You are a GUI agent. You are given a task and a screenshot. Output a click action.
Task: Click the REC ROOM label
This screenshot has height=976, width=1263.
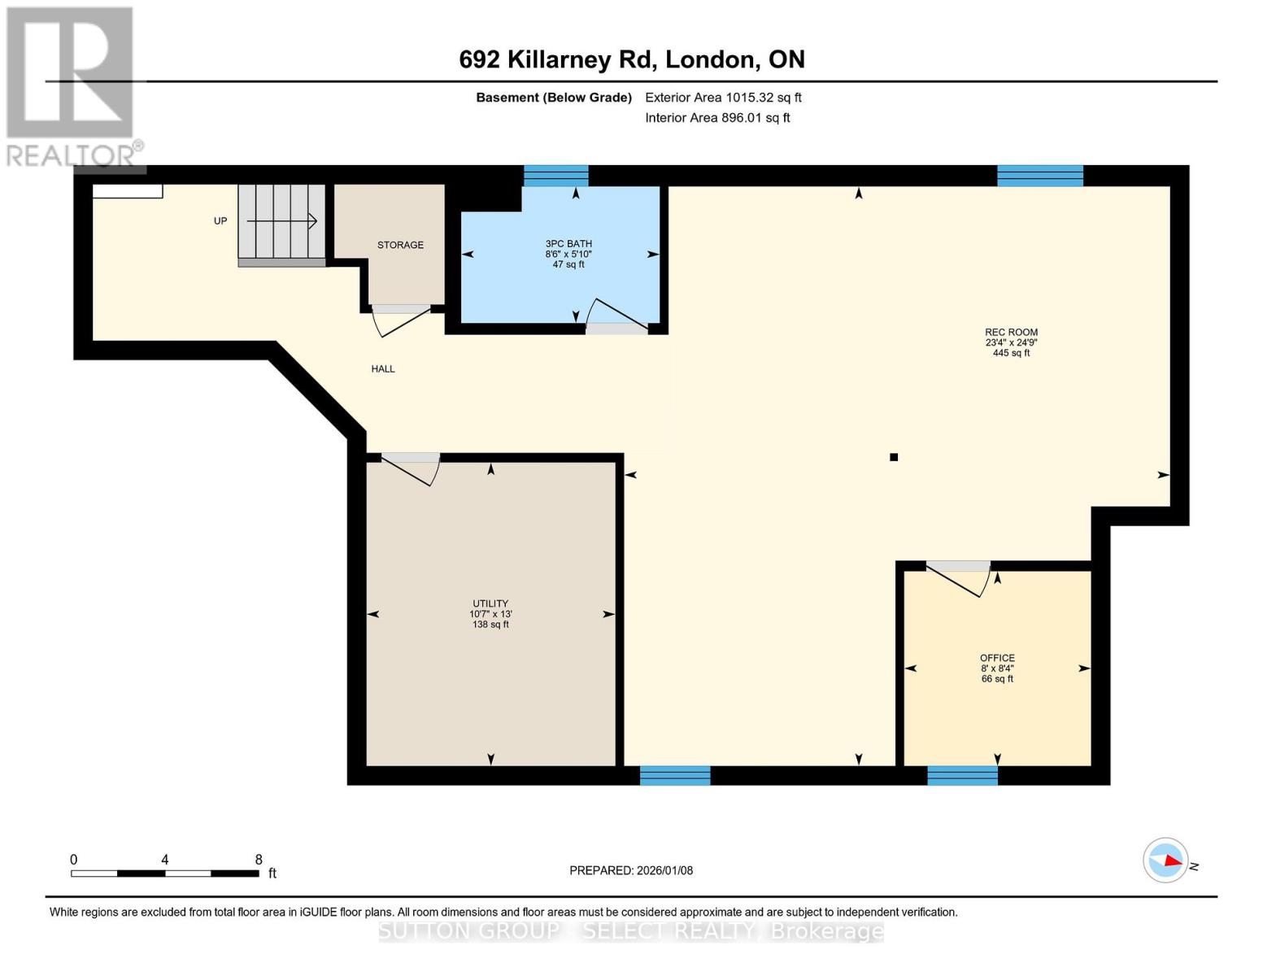pyautogui.click(x=1011, y=333)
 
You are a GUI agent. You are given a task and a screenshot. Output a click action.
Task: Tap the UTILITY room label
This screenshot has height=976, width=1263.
pyautogui.click(x=490, y=604)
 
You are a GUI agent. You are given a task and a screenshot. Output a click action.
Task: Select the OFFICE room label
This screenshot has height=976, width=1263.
pyautogui.click(x=997, y=658)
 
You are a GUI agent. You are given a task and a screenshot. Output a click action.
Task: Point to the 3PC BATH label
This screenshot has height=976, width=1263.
pyautogui.click(x=568, y=244)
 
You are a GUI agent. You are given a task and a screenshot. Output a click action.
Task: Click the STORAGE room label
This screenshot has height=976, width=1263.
pyautogui.click(x=400, y=245)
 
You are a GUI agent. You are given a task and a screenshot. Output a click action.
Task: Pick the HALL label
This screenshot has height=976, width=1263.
pyautogui.click(x=383, y=369)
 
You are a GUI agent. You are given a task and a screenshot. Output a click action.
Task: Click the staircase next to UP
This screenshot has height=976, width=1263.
pyautogui.click(x=281, y=222)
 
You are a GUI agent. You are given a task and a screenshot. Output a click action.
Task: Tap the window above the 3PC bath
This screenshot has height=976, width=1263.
pyautogui.click(x=555, y=176)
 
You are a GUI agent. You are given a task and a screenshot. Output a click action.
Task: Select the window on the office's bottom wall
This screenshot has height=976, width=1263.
pyautogui.click(x=962, y=775)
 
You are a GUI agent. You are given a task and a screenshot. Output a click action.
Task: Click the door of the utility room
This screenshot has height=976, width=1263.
pyautogui.click(x=411, y=468)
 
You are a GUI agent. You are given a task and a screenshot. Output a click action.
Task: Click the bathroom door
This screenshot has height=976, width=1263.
pyautogui.click(x=616, y=318)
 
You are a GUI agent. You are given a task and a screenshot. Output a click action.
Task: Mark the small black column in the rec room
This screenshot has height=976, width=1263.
pyautogui.click(x=894, y=457)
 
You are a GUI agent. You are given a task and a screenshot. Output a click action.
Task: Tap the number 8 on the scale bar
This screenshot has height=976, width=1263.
pyautogui.click(x=259, y=860)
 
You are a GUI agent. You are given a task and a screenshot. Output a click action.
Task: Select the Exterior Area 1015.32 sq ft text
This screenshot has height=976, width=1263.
pyautogui.click(x=723, y=98)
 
